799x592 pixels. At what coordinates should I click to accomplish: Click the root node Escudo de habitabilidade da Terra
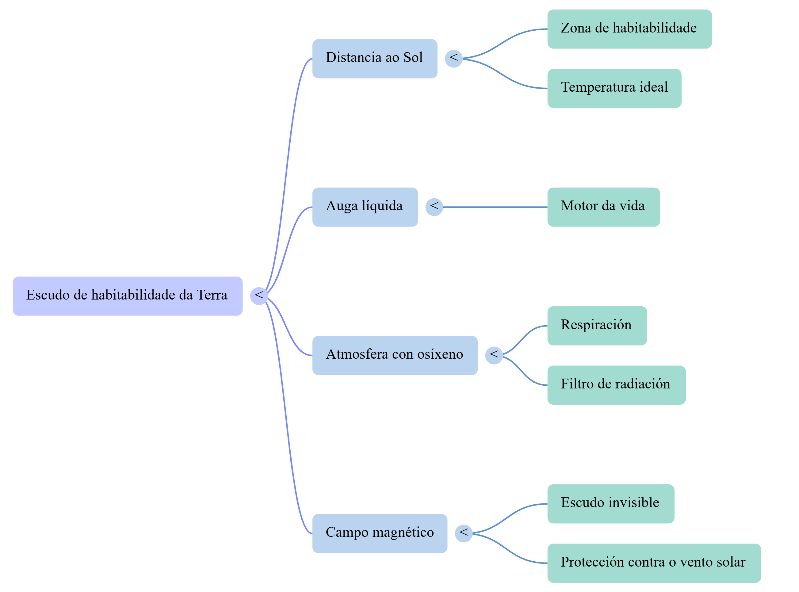coord(128,296)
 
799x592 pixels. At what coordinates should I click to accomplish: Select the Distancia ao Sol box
coord(375,59)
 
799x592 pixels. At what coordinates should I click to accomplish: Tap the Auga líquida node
coord(365,207)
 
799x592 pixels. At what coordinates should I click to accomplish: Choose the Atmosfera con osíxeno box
coord(395,356)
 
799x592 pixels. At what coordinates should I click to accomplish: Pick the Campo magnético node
coord(380,533)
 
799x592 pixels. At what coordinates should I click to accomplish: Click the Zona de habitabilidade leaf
coord(629,29)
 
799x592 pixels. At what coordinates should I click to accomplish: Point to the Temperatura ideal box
coord(614,89)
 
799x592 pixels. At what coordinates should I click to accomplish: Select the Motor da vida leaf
coord(604,207)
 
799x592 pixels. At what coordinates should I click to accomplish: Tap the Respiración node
coord(597,326)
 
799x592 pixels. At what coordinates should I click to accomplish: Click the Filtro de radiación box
coord(617,385)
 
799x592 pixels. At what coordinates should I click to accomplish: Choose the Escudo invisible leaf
coord(611,504)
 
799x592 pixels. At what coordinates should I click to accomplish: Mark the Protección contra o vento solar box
coord(654,563)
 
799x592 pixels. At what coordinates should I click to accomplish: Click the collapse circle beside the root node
coord(259,296)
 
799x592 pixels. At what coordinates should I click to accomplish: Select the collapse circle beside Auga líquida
coord(434,207)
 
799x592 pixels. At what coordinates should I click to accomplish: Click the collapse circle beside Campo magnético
coord(464,533)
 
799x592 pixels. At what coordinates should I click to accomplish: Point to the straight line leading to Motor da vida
coord(495,207)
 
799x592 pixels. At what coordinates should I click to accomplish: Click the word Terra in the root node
coord(212,295)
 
